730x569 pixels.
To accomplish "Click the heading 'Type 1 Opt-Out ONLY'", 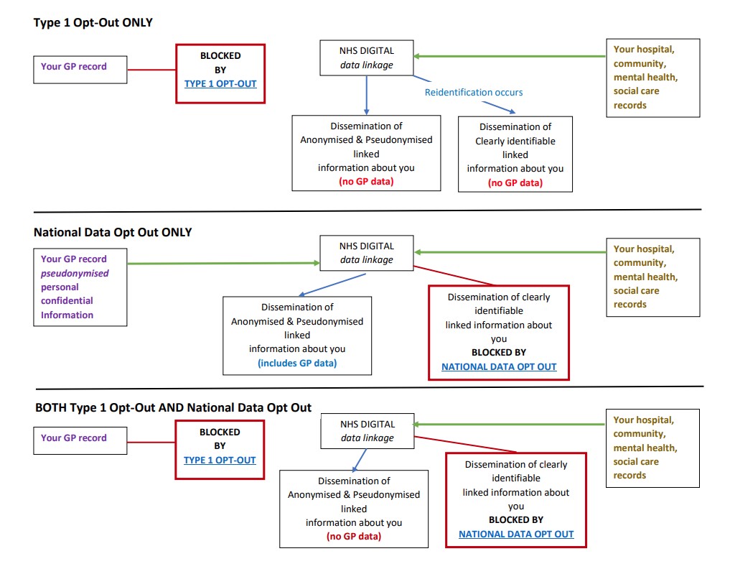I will coord(93,23).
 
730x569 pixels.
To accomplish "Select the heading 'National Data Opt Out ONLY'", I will coord(113,232).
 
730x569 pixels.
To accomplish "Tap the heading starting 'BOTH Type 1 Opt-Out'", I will coord(173,407).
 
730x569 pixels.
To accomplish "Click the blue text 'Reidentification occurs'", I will coord(474,92).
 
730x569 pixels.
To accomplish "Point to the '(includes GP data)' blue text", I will coord(297,363).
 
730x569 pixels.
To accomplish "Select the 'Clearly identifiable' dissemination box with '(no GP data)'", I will coord(515,154).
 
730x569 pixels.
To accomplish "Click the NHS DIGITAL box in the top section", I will coord(367,58).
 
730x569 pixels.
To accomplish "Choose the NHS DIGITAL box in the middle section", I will coord(366,252).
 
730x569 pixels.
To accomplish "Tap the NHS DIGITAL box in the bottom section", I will coord(367,431).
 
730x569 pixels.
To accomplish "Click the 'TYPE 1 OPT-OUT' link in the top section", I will coord(220,83).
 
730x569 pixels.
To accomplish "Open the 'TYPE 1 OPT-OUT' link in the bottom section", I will coord(220,460).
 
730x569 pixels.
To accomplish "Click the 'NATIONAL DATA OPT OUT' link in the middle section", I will coord(499,366).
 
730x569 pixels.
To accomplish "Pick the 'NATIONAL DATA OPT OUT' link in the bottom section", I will coord(516,534).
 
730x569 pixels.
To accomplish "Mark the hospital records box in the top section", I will coord(652,78).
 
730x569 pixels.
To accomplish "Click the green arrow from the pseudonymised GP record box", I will coord(223,264).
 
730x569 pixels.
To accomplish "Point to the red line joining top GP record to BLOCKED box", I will coord(152,70).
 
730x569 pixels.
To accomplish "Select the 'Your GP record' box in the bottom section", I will coord(80,438).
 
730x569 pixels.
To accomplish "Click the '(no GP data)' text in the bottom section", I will coord(353,536).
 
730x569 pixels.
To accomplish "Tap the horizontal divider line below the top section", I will coord(366,211).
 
